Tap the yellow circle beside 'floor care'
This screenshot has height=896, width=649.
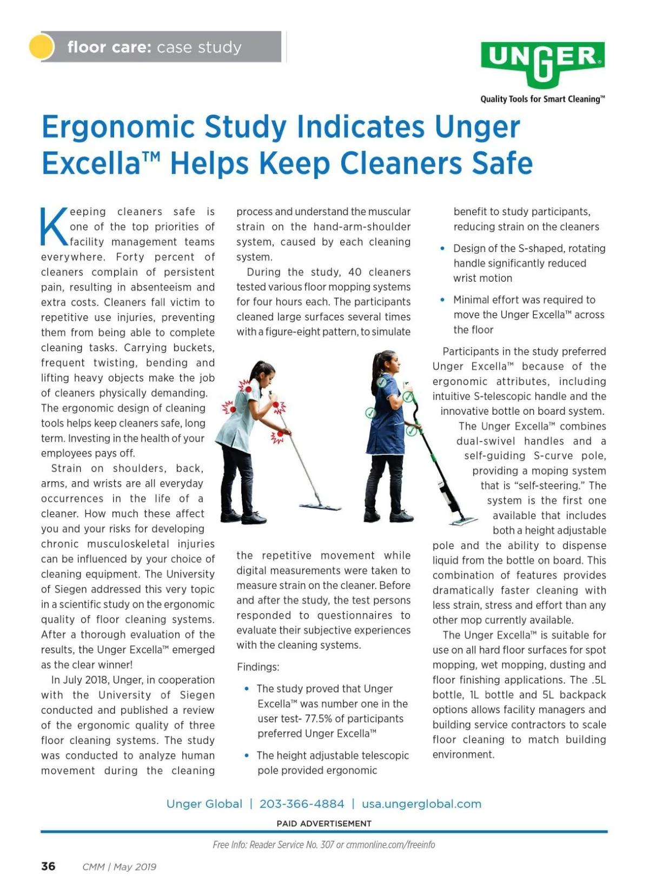coord(41,47)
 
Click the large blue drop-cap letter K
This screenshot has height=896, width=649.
coord(54,226)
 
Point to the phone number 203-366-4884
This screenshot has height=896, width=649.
coord(302,804)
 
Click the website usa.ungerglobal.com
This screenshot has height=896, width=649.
coord(421,804)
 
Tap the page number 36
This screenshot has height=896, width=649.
coord(48,866)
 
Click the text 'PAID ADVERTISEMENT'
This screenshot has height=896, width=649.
coord(324,824)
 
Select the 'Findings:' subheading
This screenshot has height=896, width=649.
coord(258,667)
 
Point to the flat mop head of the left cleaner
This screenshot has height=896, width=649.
coord(320,507)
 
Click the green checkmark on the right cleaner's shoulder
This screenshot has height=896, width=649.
coord(382,382)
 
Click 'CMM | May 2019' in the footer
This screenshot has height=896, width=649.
coord(119,867)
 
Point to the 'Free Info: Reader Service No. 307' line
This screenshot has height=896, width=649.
coord(273,845)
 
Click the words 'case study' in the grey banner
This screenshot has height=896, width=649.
coord(199,48)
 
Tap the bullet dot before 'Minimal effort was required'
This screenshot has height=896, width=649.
coord(442,300)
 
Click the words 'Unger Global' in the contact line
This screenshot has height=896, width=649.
coord(204,804)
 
